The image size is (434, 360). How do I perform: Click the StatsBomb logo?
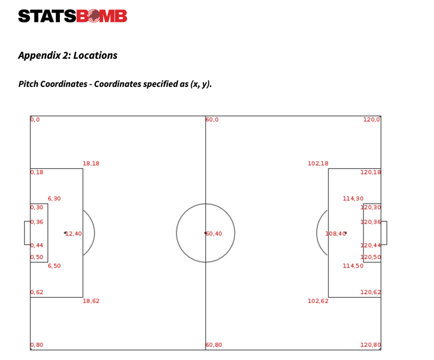[x=73, y=16]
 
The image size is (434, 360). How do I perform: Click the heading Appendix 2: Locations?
[x=68, y=55]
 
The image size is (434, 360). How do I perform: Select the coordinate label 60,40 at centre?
[x=214, y=234]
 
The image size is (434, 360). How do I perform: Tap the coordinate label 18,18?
[x=91, y=163]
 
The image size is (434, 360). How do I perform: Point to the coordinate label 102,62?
[x=318, y=301]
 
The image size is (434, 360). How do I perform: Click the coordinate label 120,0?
[x=372, y=120]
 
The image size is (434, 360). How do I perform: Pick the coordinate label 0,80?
[x=37, y=345]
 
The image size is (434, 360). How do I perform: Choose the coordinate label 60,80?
[x=214, y=345]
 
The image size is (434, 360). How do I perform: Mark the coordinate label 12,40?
[x=73, y=234]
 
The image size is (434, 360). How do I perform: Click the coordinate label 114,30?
[x=353, y=199]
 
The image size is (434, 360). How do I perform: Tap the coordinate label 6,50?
[x=54, y=266]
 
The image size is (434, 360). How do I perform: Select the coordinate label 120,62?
[x=370, y=292]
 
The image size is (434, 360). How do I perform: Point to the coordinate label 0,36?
[x=37, y=222]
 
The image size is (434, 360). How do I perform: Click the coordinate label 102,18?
[x=318, y=163]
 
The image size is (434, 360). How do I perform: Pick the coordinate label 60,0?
[x=212, y=120]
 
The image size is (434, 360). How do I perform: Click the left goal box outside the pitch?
[x=27, y=233]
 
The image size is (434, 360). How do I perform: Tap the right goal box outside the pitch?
[x=384, y=233]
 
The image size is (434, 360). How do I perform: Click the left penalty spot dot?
[x=65, y=233]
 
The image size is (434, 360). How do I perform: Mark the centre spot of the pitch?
[x=205, y=233]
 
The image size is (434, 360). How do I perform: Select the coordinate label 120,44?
[x=370, y=245]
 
